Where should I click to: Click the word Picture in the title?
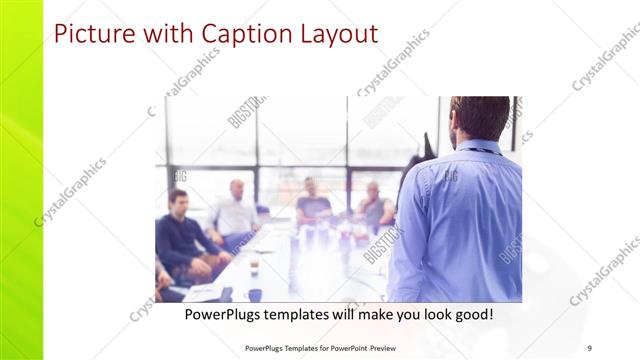tap(89, 34)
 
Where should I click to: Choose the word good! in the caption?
tap(469, 314)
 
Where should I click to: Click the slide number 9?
tap(589, 347)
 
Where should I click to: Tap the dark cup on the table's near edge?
tap(254, 294)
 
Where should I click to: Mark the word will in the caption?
tap(357, 314)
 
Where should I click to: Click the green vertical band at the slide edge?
tap(20, 180)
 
